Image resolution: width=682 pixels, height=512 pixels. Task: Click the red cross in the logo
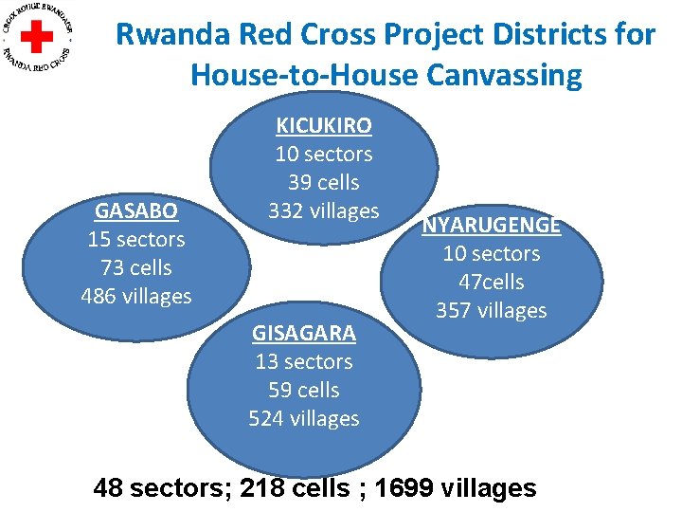tap(38, 37)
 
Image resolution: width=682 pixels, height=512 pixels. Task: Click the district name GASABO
tap(135, 210)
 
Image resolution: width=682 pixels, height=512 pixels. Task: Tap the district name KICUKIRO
tap(323, 125)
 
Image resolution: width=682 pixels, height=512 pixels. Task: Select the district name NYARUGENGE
tap(491, 226)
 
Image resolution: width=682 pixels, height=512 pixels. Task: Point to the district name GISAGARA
tap(303, 333)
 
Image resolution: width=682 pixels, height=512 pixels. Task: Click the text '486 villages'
tap(136, 296)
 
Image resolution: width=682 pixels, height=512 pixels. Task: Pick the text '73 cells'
tap(136, 267)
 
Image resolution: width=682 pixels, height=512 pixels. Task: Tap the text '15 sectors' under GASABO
tap(136, 239)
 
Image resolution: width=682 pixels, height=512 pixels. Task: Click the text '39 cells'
tap(323, 182)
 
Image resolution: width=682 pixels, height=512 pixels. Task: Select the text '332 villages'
tap(323, 210)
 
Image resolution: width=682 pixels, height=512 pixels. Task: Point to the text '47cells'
tap(491, 282)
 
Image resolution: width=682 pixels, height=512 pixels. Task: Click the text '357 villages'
tap(491, 310)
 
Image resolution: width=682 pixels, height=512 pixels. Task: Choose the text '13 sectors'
tap(303, 361)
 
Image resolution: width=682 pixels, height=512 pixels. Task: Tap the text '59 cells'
tap(303, 390)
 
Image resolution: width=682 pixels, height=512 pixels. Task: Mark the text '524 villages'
tap(303, 418)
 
